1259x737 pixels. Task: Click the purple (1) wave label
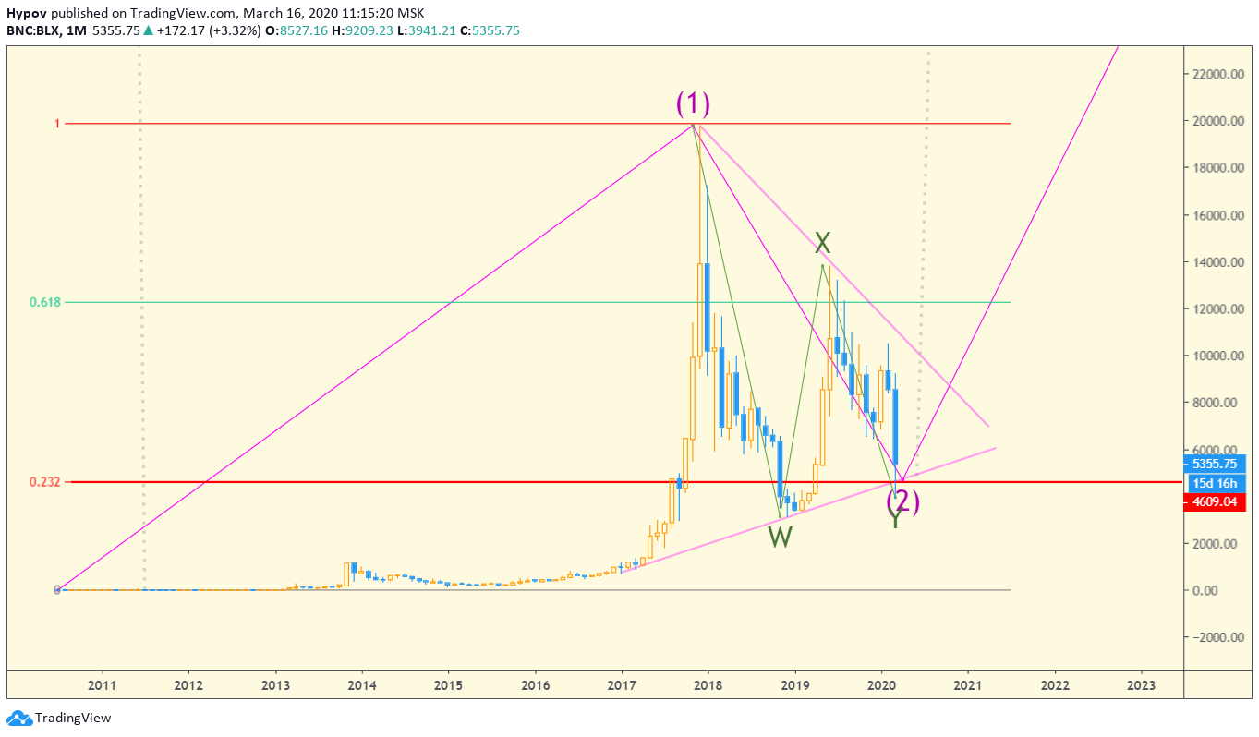[x=693, y=103]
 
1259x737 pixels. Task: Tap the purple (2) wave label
[x=903, y=501]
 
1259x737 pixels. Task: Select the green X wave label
[x=822, y=243]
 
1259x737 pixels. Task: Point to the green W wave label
[x=781, y=537]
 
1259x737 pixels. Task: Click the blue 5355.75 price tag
[x=1214, y=465]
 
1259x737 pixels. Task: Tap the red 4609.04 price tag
[x=1214, y=502]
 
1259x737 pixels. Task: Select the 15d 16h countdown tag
[x=1214, y=484]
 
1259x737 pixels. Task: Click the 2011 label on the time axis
[x=102, y=685]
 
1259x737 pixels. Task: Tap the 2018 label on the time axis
[x=708, y=685]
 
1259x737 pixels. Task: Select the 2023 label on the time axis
[x=1141, y=685]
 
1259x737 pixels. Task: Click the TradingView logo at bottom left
[x=59, y=718]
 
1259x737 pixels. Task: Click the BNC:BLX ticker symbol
[x=34, y=30]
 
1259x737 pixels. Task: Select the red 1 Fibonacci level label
[x=56, y=123]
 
